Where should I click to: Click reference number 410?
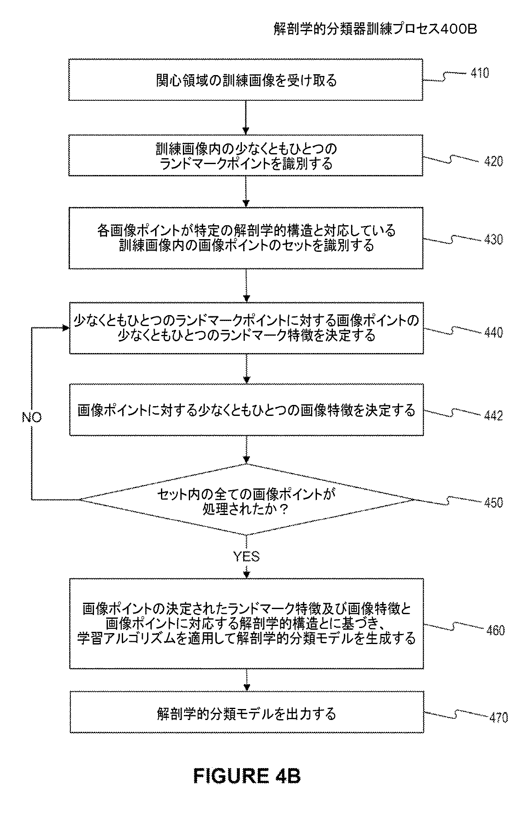tap(480, 73)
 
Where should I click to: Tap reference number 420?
tap(493, 162)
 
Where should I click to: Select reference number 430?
tap(493, 240)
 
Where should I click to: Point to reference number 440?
tap(493, 333)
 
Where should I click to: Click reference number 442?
tap(493, 416)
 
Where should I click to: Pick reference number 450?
tap(493, 503)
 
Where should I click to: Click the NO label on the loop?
tap(32, 418)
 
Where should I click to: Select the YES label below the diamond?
tap(247, 556)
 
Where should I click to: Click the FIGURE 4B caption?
tap(247, 776)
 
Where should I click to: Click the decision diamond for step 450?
tap(247, 500)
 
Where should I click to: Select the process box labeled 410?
tap(246, 80)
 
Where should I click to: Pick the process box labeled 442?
tap(247, 410)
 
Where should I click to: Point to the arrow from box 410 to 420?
tap(246, 118)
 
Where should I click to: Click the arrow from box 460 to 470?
tap(247, 680)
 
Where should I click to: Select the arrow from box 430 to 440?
tap(246, 286)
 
